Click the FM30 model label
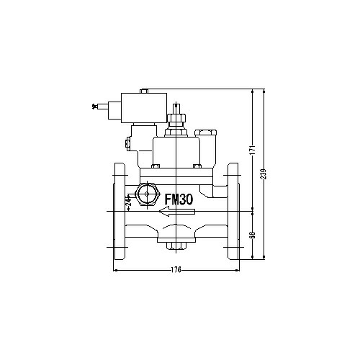point(179,199)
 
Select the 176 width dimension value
point(176,270)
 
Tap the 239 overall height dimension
point(264,174)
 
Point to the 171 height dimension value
point(252,150)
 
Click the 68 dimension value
point(252,235)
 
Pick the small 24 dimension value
point(129,201)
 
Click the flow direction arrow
point(177,212)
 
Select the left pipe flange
point(120,211)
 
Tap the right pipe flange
point(233,211)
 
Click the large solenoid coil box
point(144,108)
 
